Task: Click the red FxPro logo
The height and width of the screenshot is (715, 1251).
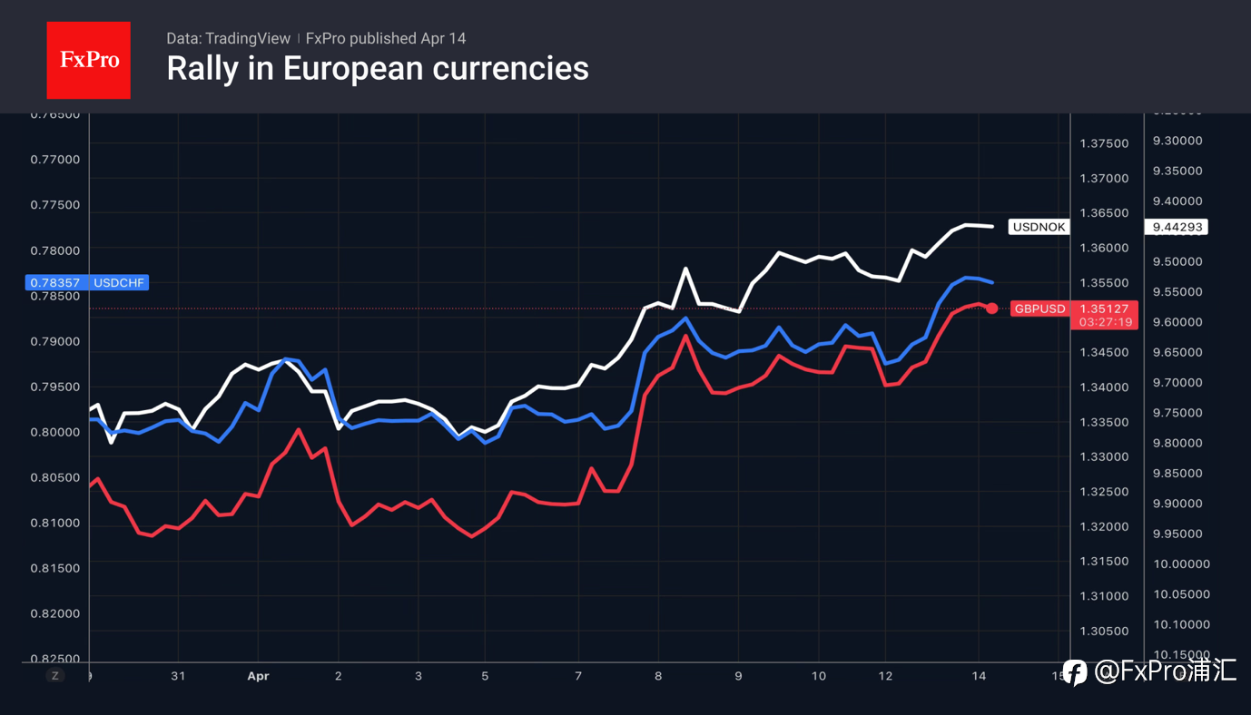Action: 88,60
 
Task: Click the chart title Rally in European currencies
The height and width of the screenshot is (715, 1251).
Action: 378,69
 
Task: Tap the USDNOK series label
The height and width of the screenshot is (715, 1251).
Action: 1039,227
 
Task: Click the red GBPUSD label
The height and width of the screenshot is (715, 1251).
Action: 1039,309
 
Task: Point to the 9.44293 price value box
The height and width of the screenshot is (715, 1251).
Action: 1177,227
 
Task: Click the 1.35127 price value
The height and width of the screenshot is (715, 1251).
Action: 1104,309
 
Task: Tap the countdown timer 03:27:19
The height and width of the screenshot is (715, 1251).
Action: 1104,322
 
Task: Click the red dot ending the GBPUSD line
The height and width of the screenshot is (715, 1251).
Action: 992,309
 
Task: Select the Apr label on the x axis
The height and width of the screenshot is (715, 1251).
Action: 259,676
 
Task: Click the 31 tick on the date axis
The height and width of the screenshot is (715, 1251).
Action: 178,676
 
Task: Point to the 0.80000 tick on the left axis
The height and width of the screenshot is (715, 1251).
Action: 56,432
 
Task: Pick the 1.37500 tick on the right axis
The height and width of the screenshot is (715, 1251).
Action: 1104,143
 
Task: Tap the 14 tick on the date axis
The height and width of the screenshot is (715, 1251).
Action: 979,676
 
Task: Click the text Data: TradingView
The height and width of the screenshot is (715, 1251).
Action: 228,38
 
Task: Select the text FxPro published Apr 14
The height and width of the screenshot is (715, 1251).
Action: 386,38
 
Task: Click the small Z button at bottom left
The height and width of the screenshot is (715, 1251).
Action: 55,676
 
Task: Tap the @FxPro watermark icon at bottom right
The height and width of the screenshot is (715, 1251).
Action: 1075,671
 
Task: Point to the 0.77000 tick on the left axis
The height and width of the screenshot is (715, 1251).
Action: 56,160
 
